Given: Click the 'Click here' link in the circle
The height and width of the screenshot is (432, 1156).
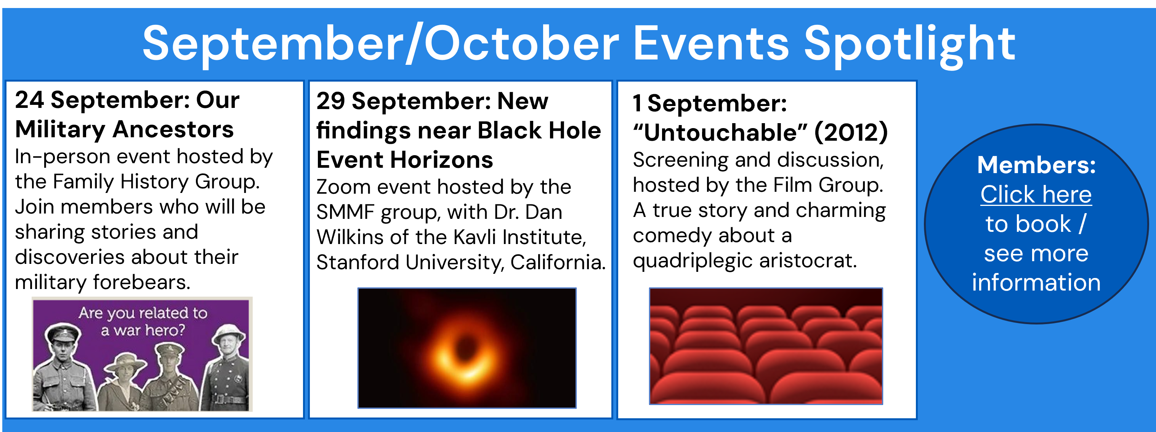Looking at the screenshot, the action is [x=1036, y=194].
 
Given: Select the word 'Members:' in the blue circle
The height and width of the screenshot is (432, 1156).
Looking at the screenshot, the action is [x=1037, y=165].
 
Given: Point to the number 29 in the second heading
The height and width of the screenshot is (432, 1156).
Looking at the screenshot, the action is [x=331, y=101].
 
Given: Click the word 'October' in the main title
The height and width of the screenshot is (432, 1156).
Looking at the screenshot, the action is [x=522, y=44].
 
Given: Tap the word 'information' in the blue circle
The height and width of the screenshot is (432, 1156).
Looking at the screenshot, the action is [x=1036, y=283].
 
